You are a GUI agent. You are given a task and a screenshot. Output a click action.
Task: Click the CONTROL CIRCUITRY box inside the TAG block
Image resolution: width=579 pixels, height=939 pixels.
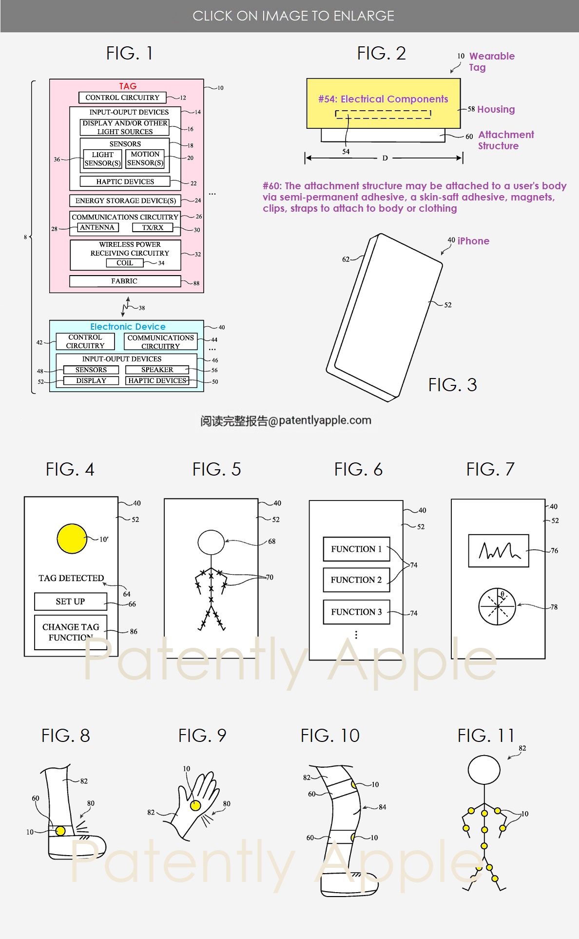coord(122,98)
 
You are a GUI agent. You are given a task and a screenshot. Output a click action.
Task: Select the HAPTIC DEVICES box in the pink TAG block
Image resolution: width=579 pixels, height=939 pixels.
coord(125,181)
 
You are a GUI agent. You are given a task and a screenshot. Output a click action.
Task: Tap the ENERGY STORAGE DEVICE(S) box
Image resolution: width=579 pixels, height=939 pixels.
coord(125,200)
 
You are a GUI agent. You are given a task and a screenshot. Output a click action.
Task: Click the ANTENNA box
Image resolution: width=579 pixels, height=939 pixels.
coord(97,227)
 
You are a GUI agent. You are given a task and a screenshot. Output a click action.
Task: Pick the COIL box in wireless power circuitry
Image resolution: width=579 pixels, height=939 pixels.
coord(125,263)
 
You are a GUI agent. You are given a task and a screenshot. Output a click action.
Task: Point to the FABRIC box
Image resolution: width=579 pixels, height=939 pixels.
coord(125,281)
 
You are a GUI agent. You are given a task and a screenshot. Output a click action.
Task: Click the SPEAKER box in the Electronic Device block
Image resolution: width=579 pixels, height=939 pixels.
coord(157,370)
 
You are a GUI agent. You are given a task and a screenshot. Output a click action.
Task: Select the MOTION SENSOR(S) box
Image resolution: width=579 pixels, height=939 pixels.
coord(145,159)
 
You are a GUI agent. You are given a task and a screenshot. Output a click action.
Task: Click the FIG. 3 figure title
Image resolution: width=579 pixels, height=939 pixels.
coord(452,385)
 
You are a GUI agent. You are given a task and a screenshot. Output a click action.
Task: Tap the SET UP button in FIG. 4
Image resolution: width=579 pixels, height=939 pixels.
coord(71,601)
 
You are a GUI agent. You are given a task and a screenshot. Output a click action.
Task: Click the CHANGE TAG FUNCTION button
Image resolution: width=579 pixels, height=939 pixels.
coord(71,632)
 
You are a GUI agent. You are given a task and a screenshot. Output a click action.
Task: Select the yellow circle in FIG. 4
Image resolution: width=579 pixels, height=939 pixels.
coord(72,539)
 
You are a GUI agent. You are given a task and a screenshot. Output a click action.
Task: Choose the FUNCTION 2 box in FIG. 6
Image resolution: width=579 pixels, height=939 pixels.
coord(356,579)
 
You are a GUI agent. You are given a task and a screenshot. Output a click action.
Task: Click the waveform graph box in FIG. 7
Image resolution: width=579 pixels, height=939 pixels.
coord(499,551)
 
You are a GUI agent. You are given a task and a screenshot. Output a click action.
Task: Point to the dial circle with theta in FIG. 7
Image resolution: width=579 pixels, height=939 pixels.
coord(497,606)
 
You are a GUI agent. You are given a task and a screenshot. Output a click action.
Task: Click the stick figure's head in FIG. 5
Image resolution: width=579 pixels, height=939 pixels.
coord(211,542)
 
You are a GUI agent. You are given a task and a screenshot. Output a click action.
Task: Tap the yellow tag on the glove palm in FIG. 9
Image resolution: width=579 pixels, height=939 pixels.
coord(195,805)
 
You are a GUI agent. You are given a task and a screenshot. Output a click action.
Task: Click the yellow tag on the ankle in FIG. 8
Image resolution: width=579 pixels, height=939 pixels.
coord(60,831)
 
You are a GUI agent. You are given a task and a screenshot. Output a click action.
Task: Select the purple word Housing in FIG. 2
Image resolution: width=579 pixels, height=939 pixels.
coord(496,109)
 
